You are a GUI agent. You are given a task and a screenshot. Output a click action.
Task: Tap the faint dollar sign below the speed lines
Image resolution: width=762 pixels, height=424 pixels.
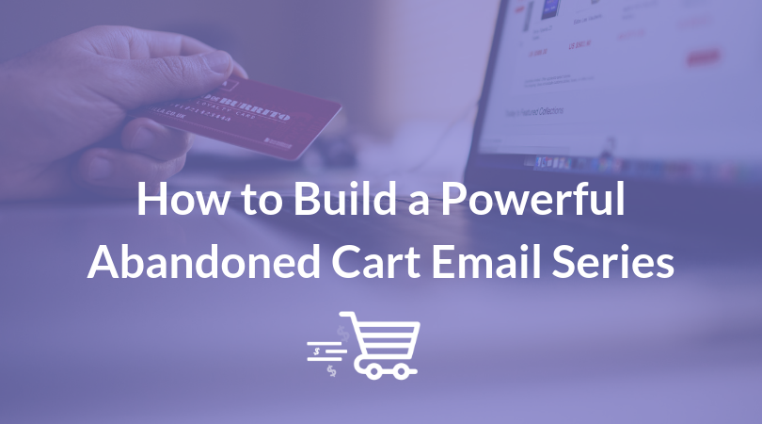[331, 370]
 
